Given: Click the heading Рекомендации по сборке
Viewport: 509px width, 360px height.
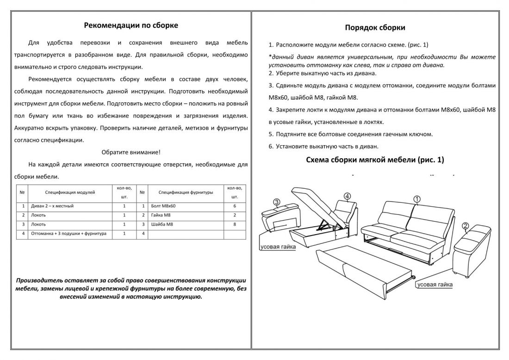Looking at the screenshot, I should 131,25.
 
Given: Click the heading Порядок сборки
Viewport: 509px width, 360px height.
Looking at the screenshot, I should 375,27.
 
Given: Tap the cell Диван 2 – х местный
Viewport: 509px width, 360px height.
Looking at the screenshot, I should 52,205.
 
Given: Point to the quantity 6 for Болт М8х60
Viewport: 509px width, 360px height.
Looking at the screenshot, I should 235,205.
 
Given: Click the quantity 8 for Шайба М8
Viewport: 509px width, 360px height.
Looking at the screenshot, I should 235,224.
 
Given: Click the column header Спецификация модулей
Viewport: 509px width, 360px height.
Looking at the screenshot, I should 70,192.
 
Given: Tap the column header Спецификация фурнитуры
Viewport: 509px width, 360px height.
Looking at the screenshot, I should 186,192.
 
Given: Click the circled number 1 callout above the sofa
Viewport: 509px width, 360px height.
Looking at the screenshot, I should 416,199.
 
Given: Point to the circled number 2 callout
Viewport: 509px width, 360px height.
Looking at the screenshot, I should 466,226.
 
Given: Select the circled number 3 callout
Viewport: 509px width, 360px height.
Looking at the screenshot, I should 276,202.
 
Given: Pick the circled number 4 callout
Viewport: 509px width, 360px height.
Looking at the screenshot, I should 347,196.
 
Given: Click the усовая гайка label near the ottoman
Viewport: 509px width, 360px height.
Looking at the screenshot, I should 278,247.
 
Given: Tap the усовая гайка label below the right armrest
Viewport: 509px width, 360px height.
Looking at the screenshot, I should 435,285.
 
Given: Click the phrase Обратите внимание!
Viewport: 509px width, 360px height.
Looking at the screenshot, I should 131,152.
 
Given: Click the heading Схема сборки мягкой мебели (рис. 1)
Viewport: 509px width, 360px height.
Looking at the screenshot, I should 375,160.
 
